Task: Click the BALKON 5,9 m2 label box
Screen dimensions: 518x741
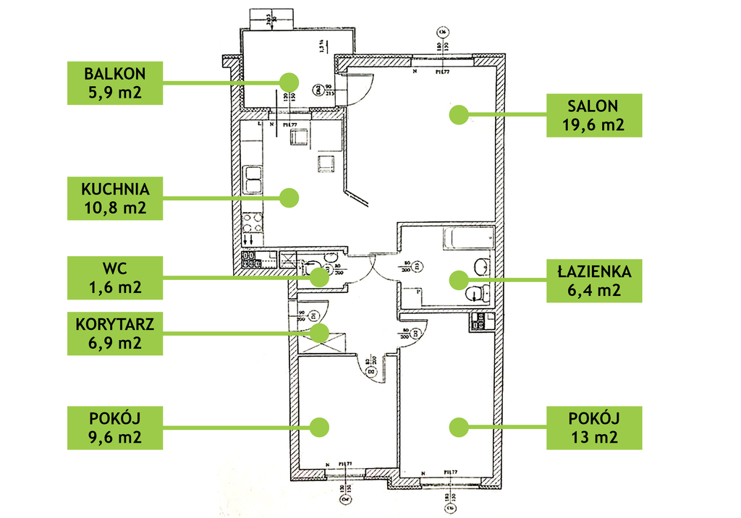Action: tap(114, 83)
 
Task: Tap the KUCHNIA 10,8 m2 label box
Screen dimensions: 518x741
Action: tap(114, 200)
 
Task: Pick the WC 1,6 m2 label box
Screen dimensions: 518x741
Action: tap(114, 277)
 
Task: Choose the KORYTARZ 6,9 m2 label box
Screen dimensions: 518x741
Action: tap(114, 333)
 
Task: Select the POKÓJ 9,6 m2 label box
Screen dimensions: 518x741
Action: tap(114, 428)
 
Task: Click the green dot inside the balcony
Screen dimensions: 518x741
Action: tap(289, 81)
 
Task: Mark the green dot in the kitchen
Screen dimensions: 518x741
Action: tap(289, 197)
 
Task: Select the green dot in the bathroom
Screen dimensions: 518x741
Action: tap(457, 279)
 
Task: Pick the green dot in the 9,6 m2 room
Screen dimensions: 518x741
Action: tap(319, 427)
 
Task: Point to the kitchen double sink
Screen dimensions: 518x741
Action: tap(253, 181)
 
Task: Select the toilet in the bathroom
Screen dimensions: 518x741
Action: tap(475, 293)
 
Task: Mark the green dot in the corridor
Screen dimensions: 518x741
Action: tap(319, 332)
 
